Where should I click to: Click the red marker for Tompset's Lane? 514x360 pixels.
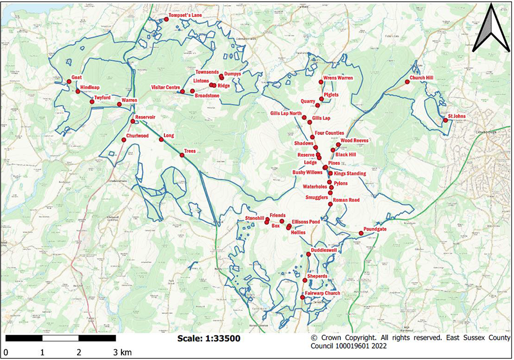click(167, 20)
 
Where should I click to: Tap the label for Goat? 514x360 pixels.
click(77, 77)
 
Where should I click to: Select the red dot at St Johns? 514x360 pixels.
click(445, 121)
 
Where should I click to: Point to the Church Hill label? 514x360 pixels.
click(421, 78)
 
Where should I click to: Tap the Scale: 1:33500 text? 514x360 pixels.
click(208, 338)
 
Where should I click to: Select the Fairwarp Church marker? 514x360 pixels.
click(302, 298)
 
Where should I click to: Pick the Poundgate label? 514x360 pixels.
click(375, 229)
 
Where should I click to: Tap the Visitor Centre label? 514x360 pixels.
click(165, 87)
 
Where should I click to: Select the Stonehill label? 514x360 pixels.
click(254, 219)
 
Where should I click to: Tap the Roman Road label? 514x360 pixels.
click(346, 200)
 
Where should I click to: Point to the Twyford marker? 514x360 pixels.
click(92, 102)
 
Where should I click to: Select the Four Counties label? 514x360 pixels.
click(329, 133)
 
